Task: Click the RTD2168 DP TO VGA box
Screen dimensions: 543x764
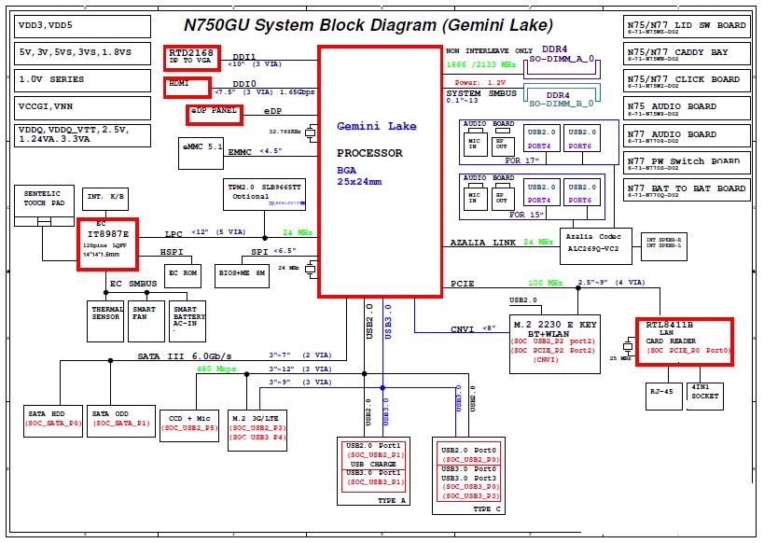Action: tap(192, 58)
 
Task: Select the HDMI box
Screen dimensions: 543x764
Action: tap(189, 87)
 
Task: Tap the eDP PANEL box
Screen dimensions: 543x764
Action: tap(213, 114)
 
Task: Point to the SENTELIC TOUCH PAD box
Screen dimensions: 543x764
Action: tap(43, 199)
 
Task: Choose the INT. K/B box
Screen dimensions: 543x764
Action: tap(106, 197)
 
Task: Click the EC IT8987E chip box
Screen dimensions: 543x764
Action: tap(106, 243)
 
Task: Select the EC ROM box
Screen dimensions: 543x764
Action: tap(183, 275)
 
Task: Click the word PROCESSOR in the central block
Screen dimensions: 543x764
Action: tap(370, 152)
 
